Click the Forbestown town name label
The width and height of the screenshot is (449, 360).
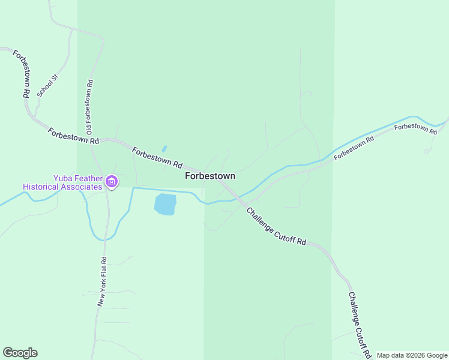pos(209,176)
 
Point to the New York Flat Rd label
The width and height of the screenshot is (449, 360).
pos(103,282)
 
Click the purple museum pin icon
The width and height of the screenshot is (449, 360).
pos(111,182)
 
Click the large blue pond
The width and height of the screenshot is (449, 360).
pos(165,204)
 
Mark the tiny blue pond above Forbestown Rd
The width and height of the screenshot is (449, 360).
pos(164,149)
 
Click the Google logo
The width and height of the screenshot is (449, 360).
pos(20,353)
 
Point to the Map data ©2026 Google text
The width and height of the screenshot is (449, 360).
pos(412,355)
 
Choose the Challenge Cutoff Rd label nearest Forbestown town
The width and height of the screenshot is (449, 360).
pos(276,226)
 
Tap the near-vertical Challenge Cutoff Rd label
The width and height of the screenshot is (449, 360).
pos(360,325)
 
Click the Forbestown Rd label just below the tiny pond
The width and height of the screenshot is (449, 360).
pos(157,157)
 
